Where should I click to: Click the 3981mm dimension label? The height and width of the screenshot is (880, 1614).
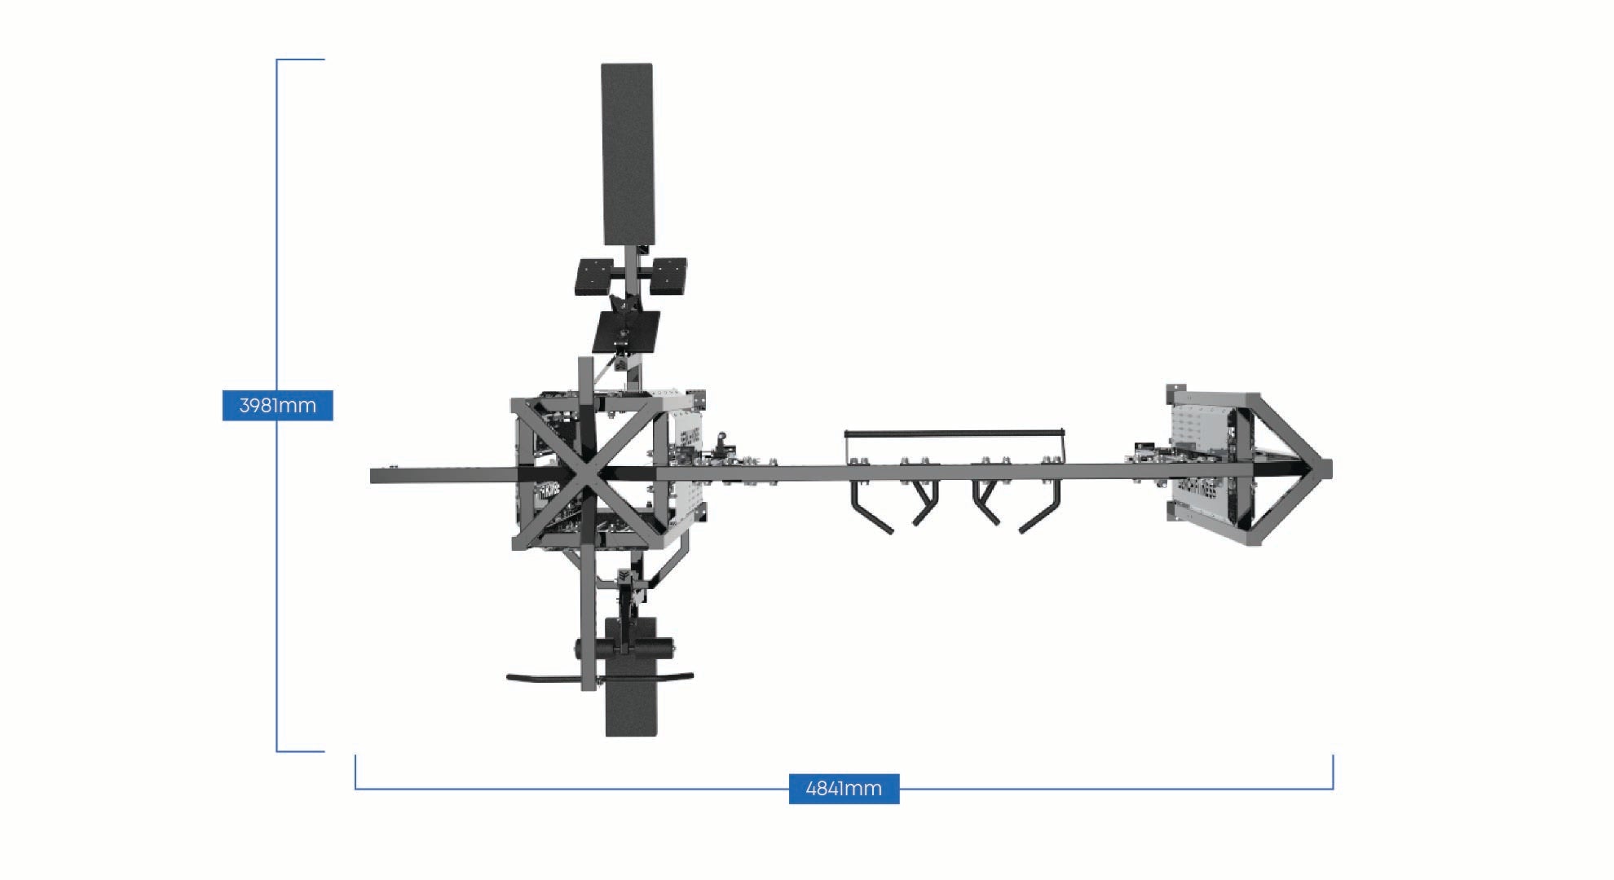(277, 405)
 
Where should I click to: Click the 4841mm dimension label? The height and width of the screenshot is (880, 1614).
(844, 789)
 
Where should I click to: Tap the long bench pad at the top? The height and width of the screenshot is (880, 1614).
(627, 154)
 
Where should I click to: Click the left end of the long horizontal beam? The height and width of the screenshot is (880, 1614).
(372, 476)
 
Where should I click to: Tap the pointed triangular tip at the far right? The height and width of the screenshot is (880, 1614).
(1330, 469)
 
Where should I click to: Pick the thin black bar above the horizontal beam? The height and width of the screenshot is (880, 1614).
(955, 433)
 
